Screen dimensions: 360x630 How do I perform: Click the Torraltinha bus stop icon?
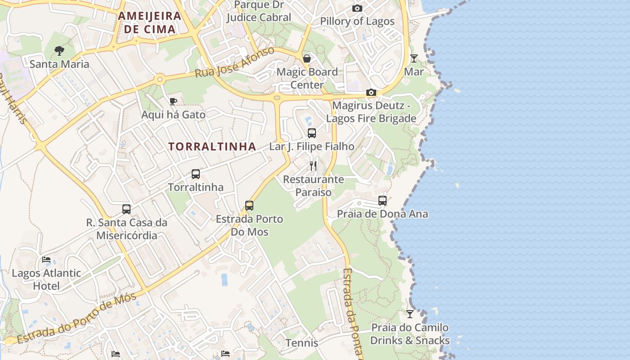195,174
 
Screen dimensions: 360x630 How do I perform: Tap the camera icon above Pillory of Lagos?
357,9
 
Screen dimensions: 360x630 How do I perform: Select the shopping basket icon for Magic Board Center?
307,58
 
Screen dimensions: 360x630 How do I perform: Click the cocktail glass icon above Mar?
414,58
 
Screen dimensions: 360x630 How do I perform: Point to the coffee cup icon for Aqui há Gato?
173,101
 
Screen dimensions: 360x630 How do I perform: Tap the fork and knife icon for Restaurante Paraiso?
313,166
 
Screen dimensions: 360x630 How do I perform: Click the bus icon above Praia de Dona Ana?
382,201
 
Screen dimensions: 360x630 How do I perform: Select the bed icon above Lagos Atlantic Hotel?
46,260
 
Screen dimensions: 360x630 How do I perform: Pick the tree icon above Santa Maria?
59,51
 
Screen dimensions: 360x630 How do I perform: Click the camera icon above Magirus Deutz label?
371,93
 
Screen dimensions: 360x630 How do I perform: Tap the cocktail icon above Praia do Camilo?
409,314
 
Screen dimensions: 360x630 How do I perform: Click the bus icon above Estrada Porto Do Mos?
249,206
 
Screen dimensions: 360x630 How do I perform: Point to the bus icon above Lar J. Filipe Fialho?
312,133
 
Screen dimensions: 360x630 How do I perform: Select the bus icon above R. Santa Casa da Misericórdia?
126,209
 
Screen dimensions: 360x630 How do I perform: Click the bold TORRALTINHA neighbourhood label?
212,147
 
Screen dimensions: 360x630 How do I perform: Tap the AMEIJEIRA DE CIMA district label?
149,23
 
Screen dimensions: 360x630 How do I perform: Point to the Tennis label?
301,343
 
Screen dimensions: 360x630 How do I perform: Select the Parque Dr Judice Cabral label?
259,11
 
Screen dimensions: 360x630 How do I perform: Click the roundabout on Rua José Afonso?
159,80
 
